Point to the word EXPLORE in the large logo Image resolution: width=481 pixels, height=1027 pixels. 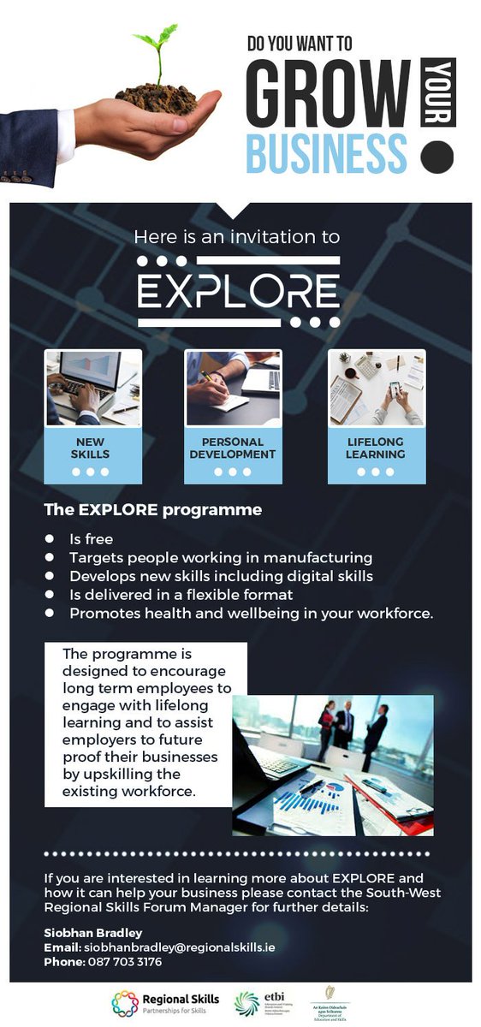point(239,291)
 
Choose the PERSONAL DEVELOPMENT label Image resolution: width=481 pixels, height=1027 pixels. point(233,448)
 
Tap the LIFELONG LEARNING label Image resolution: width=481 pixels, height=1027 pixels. point(376,448)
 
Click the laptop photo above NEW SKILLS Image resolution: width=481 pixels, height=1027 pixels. point(92,388)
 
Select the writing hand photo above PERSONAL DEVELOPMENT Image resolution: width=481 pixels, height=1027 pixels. point(233,388)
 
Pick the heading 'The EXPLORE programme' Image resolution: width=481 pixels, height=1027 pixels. point(152,511)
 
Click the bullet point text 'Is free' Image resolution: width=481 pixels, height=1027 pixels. point(92,539)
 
